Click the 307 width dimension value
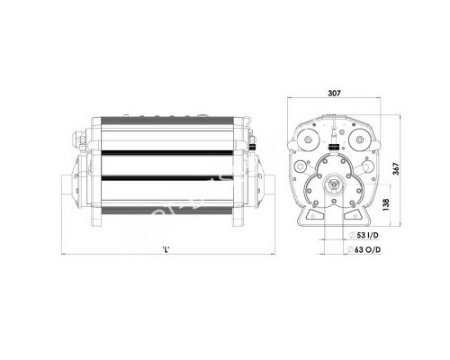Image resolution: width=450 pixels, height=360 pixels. coord(335,92)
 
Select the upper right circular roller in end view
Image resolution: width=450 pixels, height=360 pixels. coord(358,141)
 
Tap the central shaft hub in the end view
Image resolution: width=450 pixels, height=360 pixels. coord(334,185)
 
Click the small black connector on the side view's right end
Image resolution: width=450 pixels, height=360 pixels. coord(257,141)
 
